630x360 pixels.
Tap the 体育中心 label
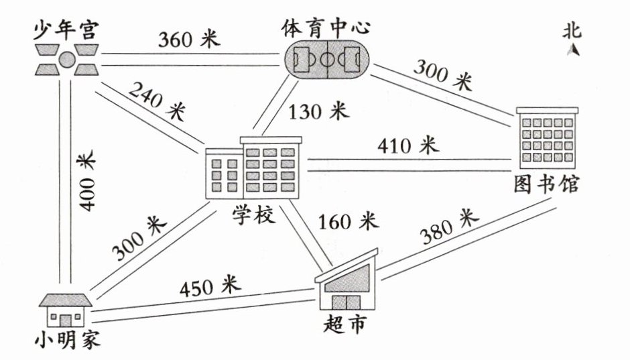tap(326, 29)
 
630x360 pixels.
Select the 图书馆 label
tap(548, 184)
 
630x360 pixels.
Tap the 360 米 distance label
tap(189, 40)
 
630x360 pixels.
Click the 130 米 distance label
tap(318, 111)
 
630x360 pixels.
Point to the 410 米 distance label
tap(407, 144)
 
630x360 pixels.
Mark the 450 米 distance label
tap(209, 287)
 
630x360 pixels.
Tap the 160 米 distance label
tap(349, 222)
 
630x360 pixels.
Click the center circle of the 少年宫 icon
tap(66, 60)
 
